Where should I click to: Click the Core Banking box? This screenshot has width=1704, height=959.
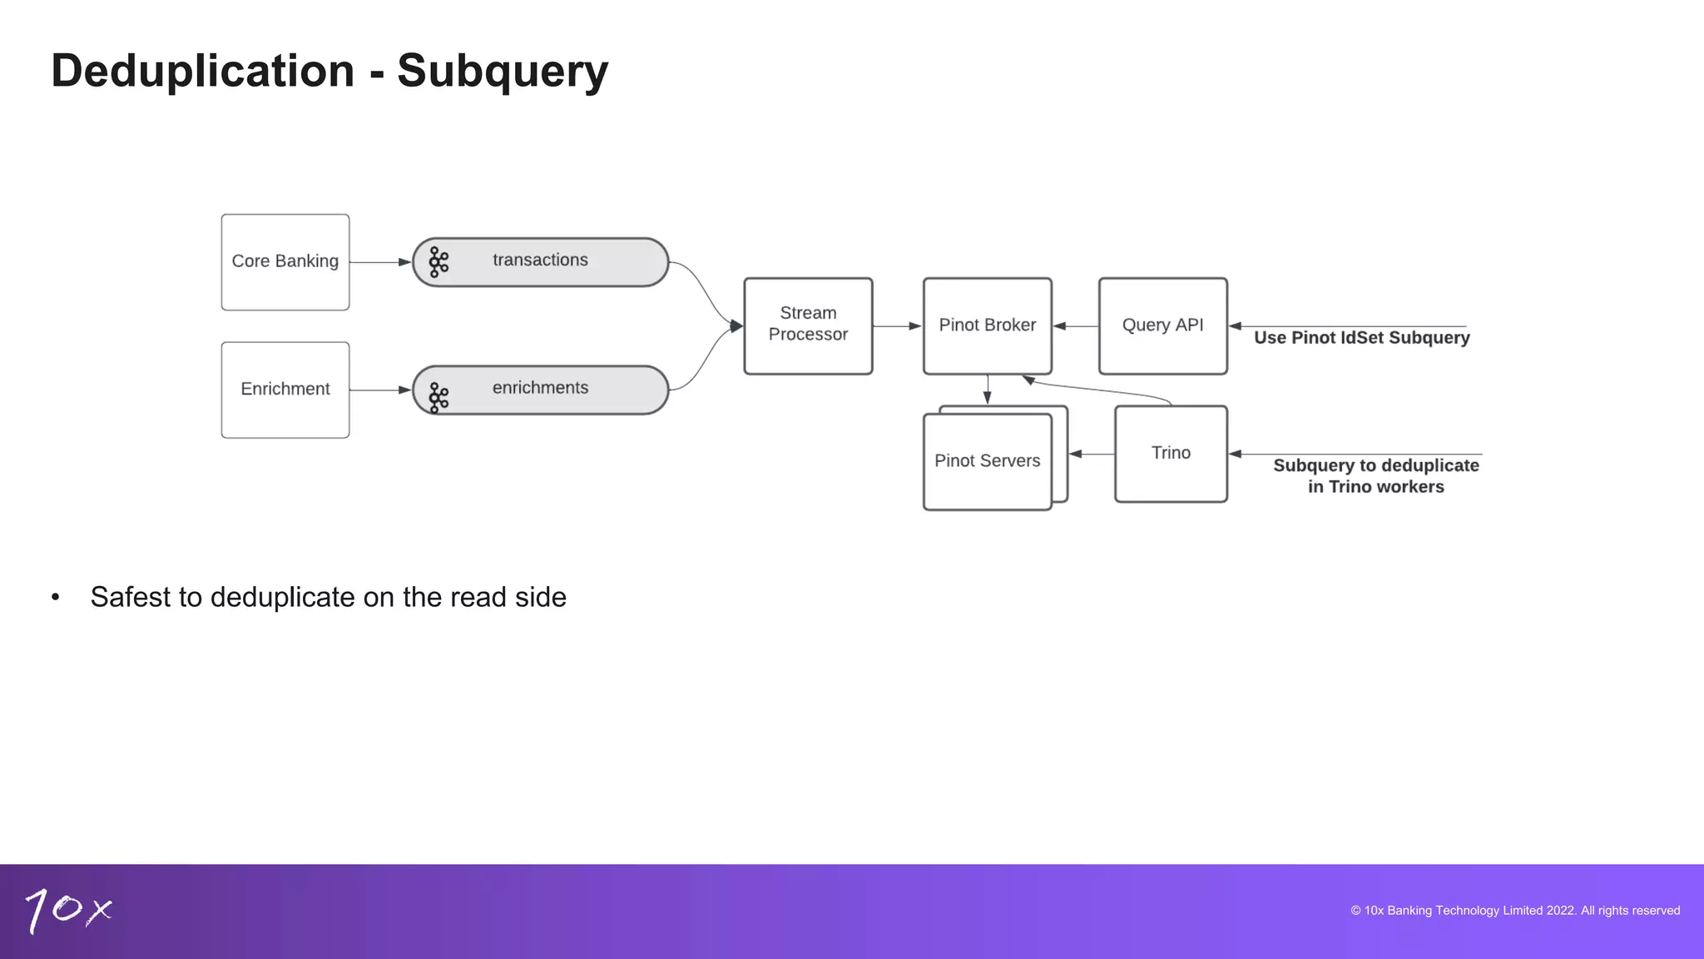[285, 262]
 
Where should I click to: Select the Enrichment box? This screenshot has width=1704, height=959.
[285, 390]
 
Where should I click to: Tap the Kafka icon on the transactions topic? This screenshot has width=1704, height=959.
[438, 262]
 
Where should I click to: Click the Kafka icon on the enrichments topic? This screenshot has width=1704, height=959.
[438, 397]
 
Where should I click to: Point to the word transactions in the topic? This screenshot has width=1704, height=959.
[540, 260]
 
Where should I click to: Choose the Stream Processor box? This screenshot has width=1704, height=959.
[808, 325]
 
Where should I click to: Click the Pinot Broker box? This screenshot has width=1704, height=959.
[987, 325]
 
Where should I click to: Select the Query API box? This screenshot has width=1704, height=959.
[1162, 325]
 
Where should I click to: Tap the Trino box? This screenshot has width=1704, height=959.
[1171, 454]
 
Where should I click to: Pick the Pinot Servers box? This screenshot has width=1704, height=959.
[987, 461]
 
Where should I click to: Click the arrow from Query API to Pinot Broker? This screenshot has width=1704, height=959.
[1075, 326]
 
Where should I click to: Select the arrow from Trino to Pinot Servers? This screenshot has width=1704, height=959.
[1091, 454]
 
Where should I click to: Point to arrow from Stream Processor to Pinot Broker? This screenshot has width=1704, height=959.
[897, 326]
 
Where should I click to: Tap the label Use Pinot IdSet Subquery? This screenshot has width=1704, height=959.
[1361, 338]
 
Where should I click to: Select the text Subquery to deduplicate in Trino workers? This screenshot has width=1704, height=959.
[1375, 476]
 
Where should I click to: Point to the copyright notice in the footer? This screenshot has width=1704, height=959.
[1514, 911]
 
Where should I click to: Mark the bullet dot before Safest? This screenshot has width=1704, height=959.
[56, 598]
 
